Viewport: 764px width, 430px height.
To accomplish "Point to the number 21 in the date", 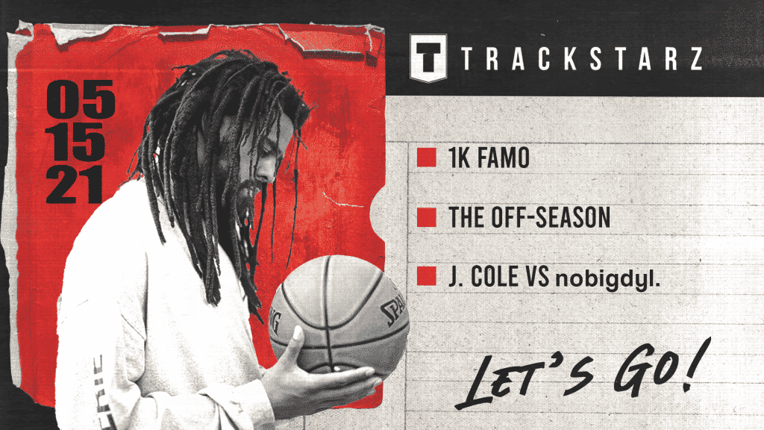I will click(75, 186).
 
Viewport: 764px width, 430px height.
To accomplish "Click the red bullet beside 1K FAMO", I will click(426, 158).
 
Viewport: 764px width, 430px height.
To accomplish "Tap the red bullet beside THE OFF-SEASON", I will click(426, 217).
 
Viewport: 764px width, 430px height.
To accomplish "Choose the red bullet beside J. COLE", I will click(426, 276).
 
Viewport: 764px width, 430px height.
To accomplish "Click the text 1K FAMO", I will click(489, 158).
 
